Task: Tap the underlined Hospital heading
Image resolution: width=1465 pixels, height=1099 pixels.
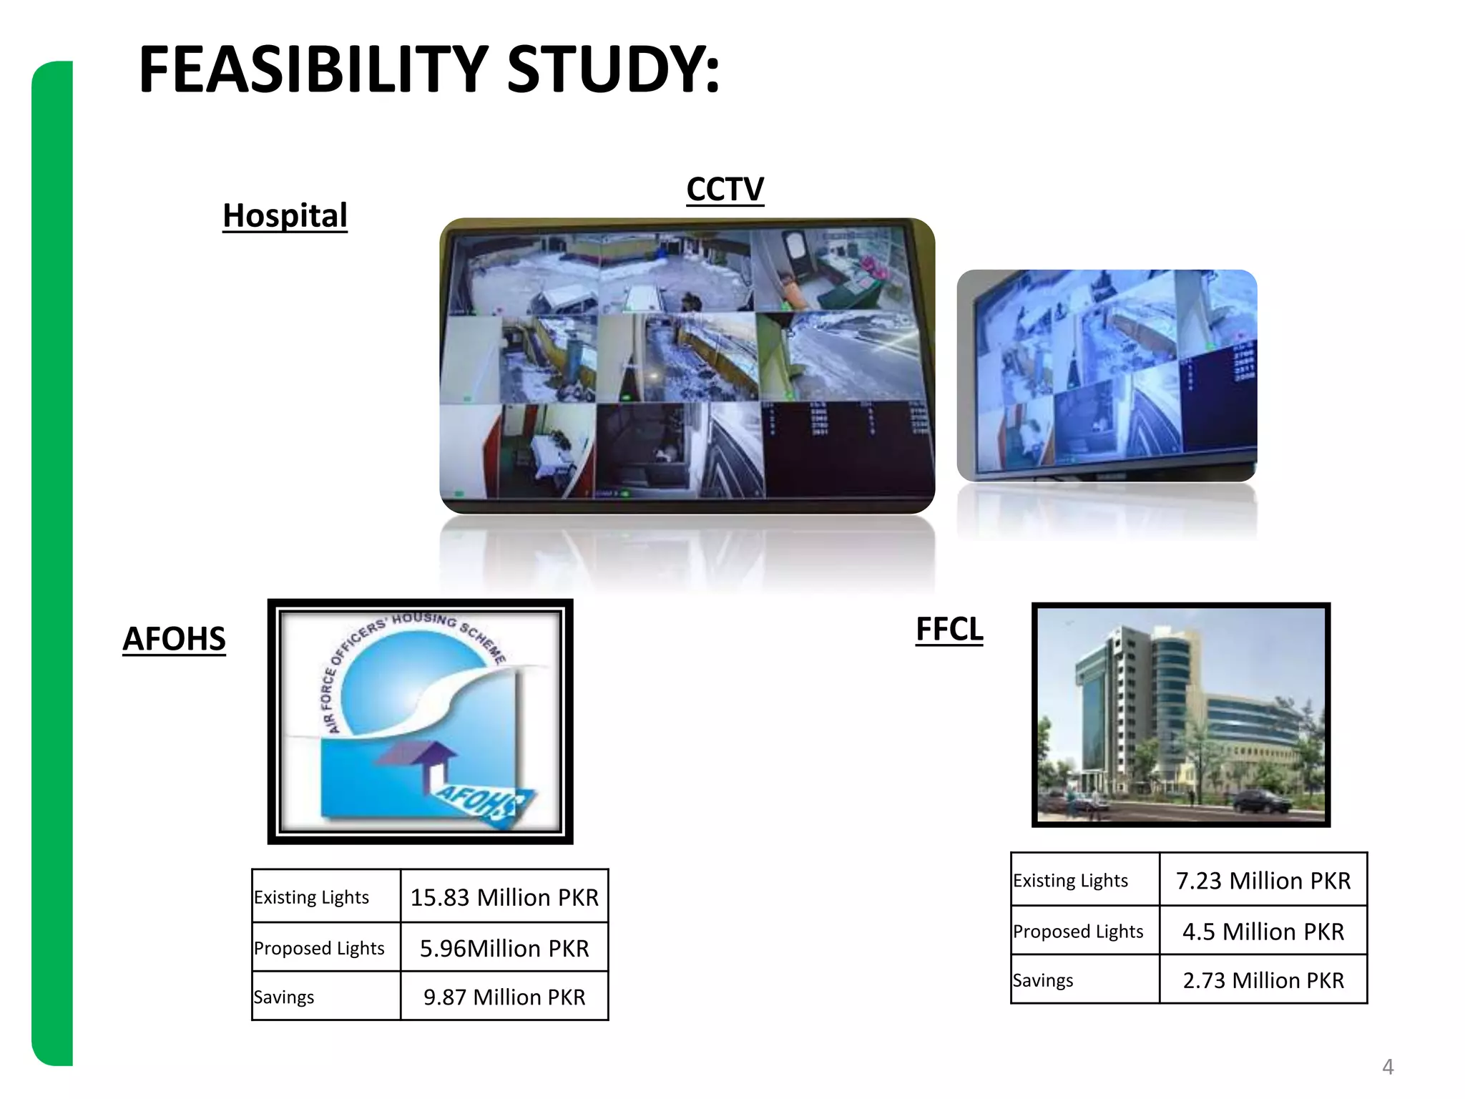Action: pos(285,215)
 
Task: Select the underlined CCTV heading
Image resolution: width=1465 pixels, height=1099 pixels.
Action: pos(725,190)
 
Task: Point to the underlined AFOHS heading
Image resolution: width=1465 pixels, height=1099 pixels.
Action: pos(174,638)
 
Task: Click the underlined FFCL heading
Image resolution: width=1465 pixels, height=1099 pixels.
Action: pos(949,629)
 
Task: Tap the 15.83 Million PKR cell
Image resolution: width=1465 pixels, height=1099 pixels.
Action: pos(504,897)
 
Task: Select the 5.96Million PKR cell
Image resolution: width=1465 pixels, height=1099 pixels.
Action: pos(504,948)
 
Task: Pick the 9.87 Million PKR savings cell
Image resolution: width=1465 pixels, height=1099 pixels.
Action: pos(504,997)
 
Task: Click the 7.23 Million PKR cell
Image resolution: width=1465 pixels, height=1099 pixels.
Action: pos(1263,880)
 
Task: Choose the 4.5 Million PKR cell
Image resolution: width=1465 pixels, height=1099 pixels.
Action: pos(1263,931)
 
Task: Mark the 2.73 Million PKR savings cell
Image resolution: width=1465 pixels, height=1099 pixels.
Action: pos(1263,980)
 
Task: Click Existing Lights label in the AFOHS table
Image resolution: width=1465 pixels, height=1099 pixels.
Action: pos(312,897)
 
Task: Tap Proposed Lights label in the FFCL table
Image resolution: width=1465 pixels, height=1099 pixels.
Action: pos(1078,931)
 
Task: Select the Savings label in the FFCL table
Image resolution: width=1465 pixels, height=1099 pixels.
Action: pos(1043,980)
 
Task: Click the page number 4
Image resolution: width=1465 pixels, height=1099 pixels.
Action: pos(1388,1067)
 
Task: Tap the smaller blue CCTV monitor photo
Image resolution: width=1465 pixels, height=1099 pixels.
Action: pos(1107,375)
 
